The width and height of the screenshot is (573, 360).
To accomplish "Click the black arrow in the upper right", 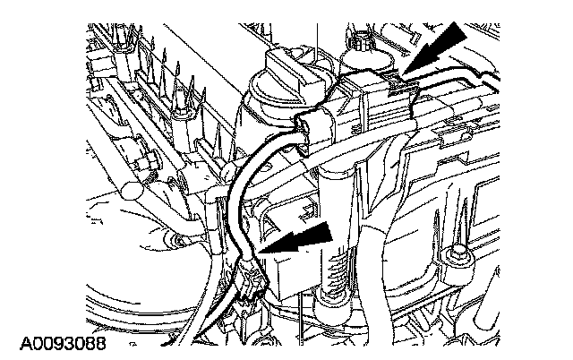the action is tap(439, 47).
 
